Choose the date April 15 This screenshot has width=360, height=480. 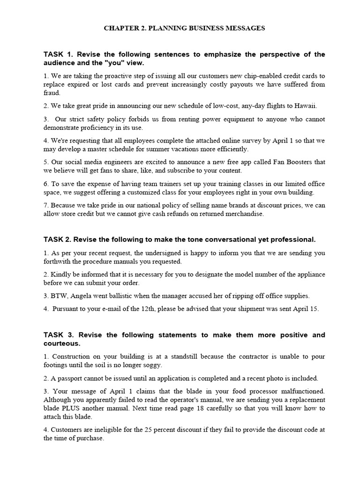tap(304, 309)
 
